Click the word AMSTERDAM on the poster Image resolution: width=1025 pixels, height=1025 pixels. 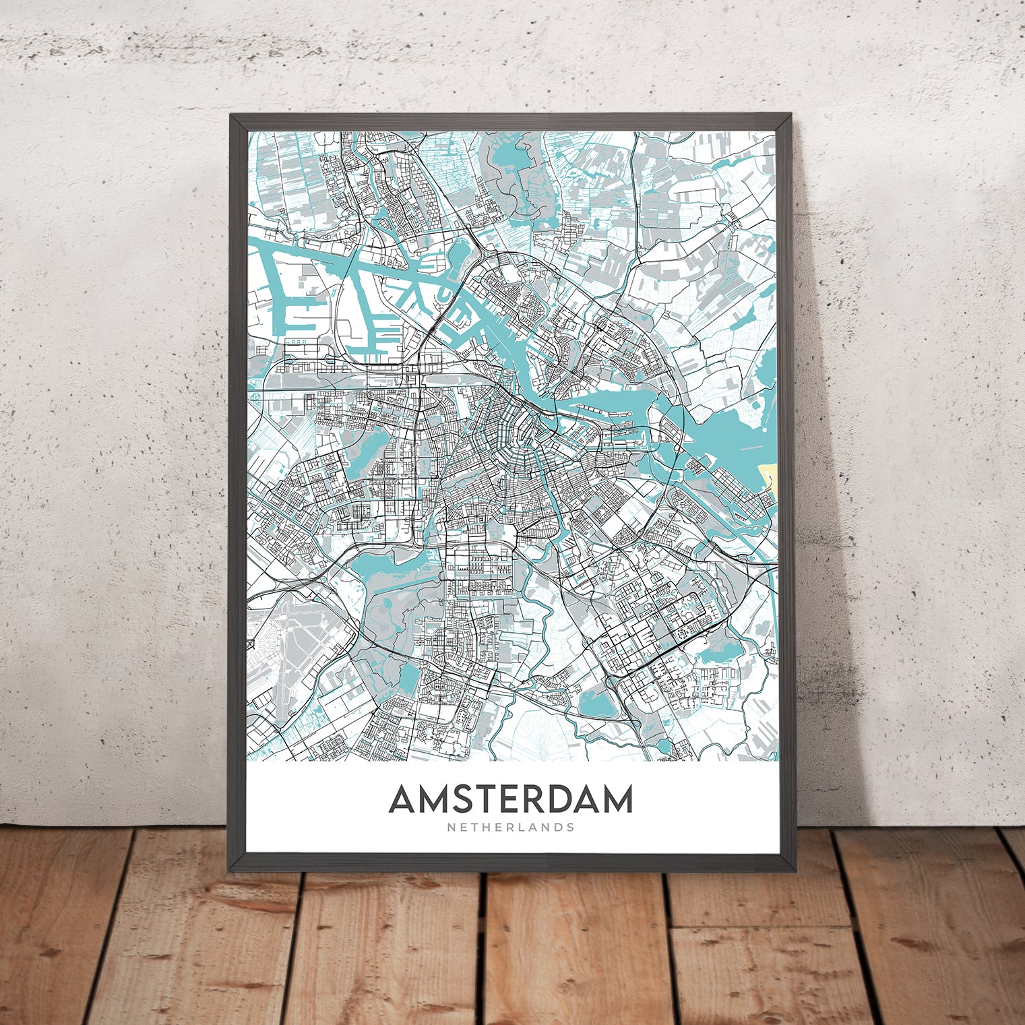tap(511, 799)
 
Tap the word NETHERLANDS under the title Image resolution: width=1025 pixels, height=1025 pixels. tap(511, 827)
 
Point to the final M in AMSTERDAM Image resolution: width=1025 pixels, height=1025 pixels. tap(617, 799)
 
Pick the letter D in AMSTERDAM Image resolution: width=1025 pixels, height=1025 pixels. tap(555, 799)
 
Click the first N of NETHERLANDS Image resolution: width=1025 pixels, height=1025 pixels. tap(449, 827)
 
